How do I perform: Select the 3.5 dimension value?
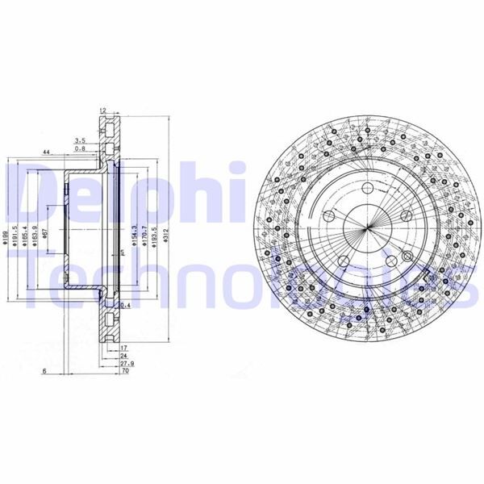80,140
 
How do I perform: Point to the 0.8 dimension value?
80,149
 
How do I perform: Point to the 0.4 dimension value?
125,306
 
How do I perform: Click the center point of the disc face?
366,227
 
